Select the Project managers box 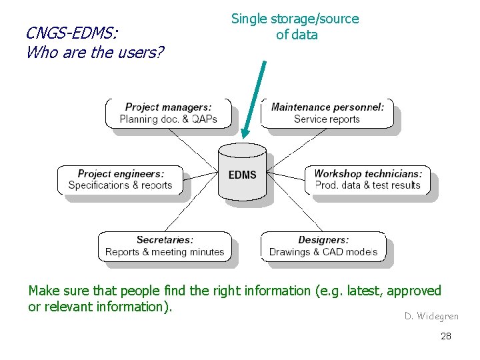pyautogui.click(x=168, y=113)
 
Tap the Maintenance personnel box pyautogui.click(x=327, y=113)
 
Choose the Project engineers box pyautogui.click(x=120, y=179)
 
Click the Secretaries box pyautogui.click(x=165, y=246)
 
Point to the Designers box pyautogui.click(x=323, y=246)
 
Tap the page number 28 pyautogui.click(x=446, y=336)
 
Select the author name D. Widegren pyautogui.click(x=431, y=316)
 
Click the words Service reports pyautogui.click(x=327, y=119)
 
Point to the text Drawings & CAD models pyautogui.click(x=323, y=252)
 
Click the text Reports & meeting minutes pyautogui.click(x=165, y=252)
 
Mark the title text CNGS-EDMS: pyautogui.click(x=70, y=33)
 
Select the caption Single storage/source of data pyautogui.click(x=295, y=27)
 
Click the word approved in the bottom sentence pyautogui.click(x=414, y=291)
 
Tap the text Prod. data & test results pyautogui.click(x=367, y=185)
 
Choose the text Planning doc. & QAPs pyautogui.click(x=168, y=119)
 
